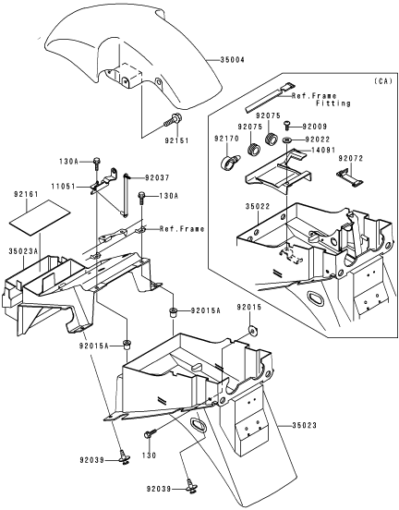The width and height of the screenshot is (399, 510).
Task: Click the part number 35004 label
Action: [232, 60]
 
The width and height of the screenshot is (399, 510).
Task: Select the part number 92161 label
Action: [26, 194]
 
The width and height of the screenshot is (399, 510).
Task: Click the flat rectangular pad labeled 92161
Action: [40, 217]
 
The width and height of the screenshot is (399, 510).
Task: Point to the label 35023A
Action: [23, 251]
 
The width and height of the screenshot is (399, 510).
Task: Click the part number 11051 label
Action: [63, 187]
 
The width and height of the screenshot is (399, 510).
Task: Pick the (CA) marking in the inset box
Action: [383, 81]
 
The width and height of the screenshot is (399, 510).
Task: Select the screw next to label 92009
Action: [287, 125]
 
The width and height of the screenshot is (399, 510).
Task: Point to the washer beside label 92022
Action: [287, 140]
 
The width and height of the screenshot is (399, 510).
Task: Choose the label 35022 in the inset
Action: [258, 207]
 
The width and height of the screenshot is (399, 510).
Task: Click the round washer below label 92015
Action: [252, 330]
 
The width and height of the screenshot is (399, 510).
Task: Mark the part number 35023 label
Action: [304, 425]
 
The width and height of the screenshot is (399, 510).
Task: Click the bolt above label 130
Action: [151, 433]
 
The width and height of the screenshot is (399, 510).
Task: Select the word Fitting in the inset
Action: [333, 103]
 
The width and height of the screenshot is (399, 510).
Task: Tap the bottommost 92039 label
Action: [158, 489]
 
